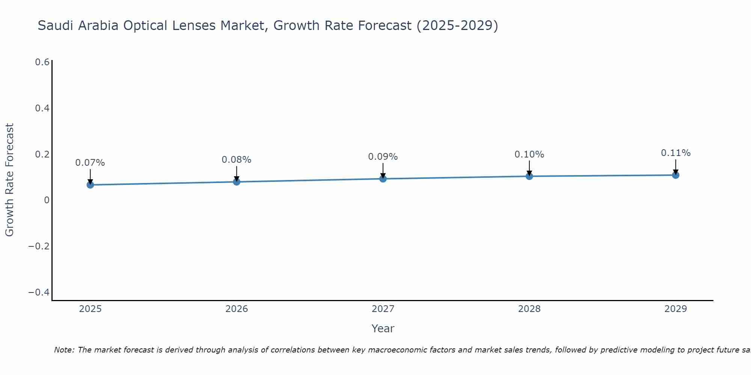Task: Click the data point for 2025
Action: tap(90, 184)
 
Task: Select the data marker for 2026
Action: tap(237, 182)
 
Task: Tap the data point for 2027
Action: tap(383, 179)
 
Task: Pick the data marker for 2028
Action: tap(529, 176)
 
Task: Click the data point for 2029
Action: tap(676, 175)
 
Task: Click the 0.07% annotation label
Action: tap(90, 163)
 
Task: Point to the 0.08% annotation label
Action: tap(237, 160)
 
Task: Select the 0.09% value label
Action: tap(383, 157)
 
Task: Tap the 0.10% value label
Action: tap(529, 154)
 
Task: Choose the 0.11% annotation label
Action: tap(676, 153)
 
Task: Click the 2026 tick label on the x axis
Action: tap(237, 309)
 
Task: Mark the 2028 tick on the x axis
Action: tap(529, 309)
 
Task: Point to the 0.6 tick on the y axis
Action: tap(42, 62)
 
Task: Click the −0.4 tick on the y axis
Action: tap(39, 292)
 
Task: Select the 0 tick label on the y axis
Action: tap(47, 200)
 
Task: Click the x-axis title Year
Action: tap(383, 328)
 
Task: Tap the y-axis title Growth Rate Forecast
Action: tap(9, 180)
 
